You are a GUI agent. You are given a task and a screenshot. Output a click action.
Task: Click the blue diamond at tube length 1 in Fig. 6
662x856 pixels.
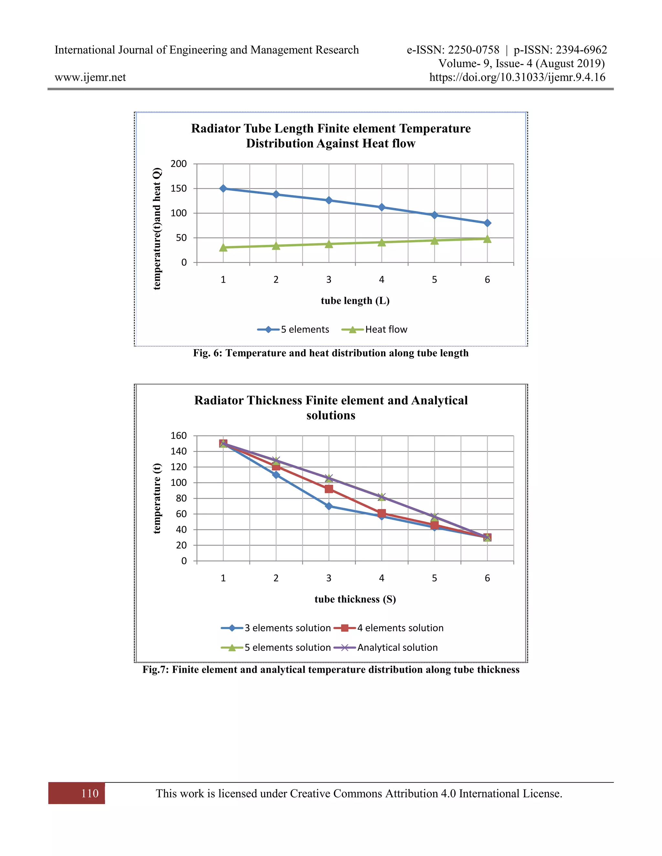point(223,189)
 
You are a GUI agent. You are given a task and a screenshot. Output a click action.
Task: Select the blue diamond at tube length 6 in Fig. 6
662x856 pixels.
point(487,223)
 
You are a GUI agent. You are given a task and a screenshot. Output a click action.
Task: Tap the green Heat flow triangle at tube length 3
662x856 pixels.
point(329,244)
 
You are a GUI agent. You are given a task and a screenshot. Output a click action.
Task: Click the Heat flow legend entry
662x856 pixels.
point(375,329)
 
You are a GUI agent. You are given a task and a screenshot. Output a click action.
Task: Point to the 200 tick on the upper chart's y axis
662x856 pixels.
point(179,164)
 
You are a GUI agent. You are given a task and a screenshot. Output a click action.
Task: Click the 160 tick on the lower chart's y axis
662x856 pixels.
point(179,435)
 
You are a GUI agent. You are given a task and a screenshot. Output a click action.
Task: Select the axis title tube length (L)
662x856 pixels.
point(355,301)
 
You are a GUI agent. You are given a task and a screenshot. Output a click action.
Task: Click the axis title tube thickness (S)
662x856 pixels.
point(355,599)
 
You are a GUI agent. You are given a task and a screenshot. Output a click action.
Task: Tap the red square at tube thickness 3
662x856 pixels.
point(329,489)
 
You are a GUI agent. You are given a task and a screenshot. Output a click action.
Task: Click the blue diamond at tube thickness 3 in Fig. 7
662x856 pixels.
point(329,506)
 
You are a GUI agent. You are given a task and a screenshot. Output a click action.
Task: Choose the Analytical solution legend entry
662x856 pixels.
point(386,647)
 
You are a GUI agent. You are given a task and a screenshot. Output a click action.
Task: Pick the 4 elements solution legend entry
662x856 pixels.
point(388,628)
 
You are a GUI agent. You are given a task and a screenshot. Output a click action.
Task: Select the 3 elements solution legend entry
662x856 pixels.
point(276,628)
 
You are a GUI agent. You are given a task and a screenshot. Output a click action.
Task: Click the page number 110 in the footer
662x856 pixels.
point(90,793)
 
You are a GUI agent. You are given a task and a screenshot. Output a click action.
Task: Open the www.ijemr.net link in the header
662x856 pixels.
point(90,77)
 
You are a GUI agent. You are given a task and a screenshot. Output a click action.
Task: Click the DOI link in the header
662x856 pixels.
point(517,77)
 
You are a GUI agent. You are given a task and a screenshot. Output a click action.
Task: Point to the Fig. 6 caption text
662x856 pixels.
point(331,353)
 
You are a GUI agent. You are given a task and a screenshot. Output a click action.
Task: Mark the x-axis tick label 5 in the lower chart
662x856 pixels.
point(434,578)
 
